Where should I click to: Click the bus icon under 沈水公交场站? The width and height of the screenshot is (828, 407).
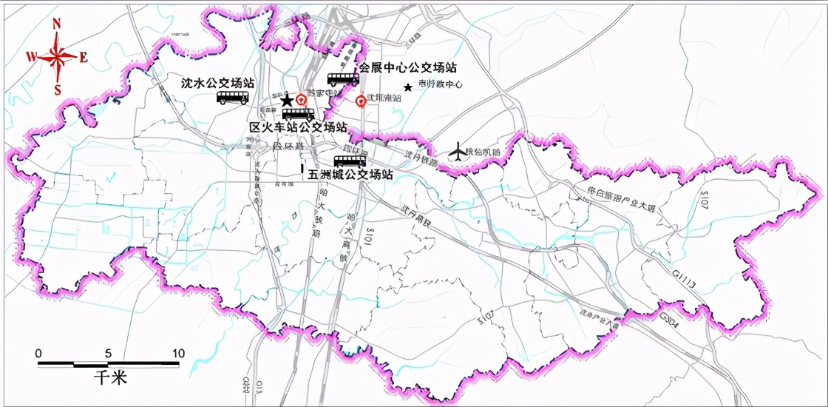[232, 98]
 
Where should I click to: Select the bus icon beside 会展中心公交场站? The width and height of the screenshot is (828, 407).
[343, 78]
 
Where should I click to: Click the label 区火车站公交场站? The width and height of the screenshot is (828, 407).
[298, 127]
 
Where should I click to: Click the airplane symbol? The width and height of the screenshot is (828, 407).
[458, 152]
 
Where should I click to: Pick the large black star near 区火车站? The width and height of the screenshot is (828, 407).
[287, 100]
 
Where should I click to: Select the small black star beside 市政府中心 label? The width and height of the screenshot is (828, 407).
[407, 87]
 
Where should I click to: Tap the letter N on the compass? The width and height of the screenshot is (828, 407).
[57, 24]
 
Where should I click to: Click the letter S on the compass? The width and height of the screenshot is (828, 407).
[57, 90]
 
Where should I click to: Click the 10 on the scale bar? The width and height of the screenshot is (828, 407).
[177, 353]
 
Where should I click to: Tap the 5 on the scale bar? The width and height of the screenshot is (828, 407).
[109, 353]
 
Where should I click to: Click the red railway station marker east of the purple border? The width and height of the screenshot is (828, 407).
[361, 101]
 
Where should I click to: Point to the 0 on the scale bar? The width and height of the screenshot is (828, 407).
[39, 353]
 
